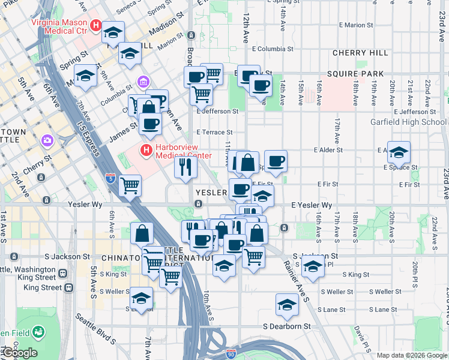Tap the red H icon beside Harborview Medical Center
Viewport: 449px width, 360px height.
(x=145, y=149)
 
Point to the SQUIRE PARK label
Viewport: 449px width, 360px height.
(x=355, y=74)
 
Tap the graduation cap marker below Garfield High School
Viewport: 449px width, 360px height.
(x=399, y=154)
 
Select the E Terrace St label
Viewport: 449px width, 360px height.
(x=214, y=133)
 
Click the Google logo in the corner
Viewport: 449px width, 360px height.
(x=19, y=353)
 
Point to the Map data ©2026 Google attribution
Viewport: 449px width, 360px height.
(x=412, y=355)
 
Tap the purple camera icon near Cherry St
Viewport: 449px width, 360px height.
(x=46, y=141)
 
